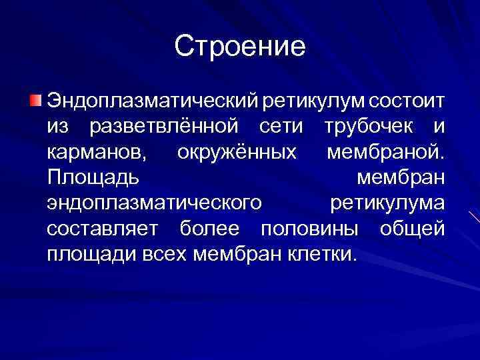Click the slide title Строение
coord(240,46)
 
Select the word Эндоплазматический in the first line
coord(153,102)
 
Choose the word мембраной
coord(385,153)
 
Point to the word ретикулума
coord(387,203)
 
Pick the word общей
coord(411,229)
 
